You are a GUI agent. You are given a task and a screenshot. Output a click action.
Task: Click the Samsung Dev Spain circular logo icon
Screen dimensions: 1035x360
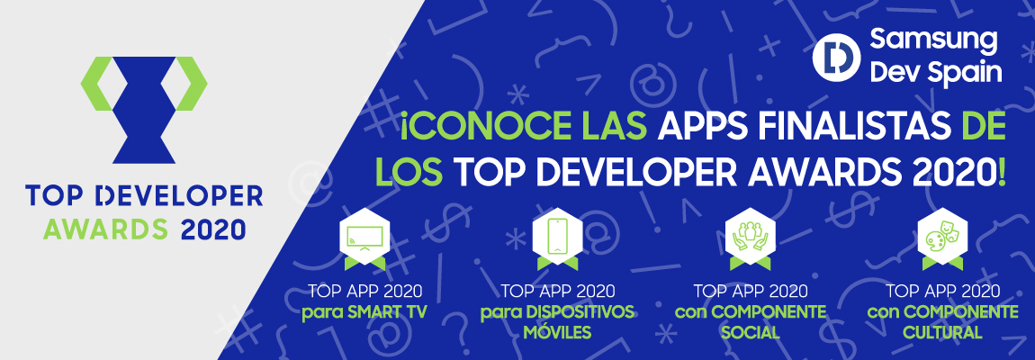(x=836, y=58)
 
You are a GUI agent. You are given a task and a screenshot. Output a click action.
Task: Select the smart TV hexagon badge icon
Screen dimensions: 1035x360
(x=364, y=239)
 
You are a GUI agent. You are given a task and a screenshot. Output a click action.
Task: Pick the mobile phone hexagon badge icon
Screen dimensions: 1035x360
(x=558, y=239)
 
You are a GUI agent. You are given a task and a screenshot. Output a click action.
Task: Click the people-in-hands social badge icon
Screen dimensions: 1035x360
(x=751, y=239)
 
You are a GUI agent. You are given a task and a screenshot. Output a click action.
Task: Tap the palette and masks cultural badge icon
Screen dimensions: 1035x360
(x=943, y=239)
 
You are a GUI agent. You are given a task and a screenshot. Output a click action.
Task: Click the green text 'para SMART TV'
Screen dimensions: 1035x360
(x=364, y=311)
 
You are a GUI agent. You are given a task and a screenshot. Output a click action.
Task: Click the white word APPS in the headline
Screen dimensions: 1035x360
(x=695, y=126)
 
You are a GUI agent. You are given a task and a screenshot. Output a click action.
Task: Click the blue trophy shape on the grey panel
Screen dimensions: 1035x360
(x=144, y=110)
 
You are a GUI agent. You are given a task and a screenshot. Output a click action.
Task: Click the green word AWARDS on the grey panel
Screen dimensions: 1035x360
(x=105, y=229)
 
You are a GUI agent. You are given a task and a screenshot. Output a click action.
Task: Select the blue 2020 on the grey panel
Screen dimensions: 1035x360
(x=212, y=229)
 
